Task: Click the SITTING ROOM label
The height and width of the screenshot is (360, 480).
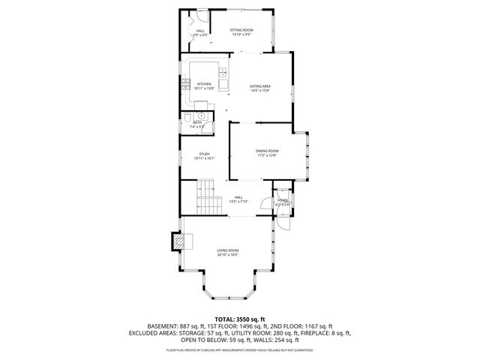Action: click(x=241, y=29)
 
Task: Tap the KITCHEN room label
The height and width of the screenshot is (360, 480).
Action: click(x=204, y=84)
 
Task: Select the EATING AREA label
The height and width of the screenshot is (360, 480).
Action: click(x=260, y=86)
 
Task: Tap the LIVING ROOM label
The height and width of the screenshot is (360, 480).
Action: click(x=228, y=250)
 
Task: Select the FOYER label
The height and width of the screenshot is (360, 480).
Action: click(x=282, y=200)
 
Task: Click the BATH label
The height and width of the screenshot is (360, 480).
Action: click(x=197, y=122)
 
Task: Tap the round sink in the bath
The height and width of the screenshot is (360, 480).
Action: click(x=201, y=116)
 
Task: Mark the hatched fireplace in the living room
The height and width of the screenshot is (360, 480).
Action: click(x=180, y=241)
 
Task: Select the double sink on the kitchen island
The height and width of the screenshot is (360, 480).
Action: click(x=223, y=73)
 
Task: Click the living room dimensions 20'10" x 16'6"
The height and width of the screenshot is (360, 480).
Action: click(x=228, y=255)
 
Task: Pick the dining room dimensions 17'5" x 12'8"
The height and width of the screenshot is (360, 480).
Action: click(x=268, y=156)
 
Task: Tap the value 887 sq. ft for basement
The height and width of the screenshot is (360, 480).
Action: click(x=193, y=325)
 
